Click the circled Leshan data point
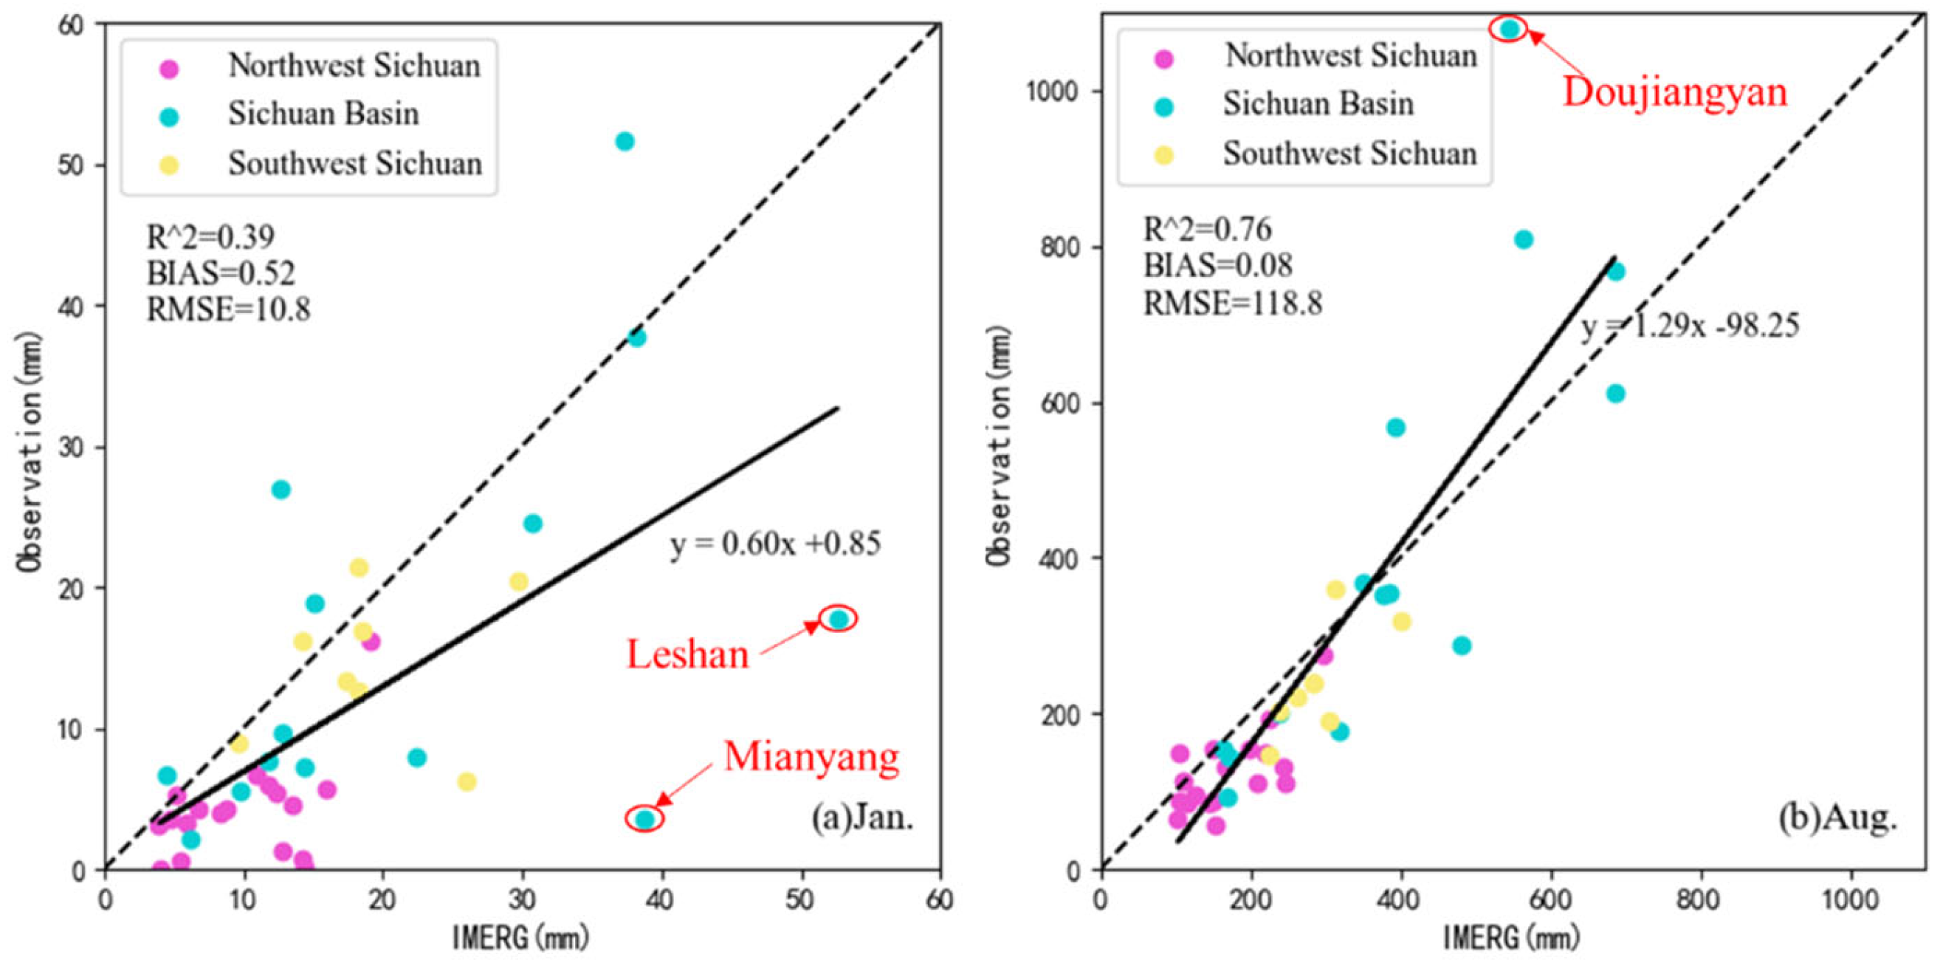point(837,619)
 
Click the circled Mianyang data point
point(644,818)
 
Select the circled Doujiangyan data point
point(1509,29)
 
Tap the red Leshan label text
point(687,654)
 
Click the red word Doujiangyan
point(1674,92)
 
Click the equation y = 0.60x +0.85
point(775,544)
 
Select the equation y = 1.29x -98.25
point(1689,326)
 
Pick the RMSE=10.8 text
point(228,309)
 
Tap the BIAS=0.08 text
point(1218,265)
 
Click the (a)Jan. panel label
point(861,817)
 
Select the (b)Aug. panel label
point(1837,817)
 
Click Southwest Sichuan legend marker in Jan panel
point(171,165)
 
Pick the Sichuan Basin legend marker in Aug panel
point(1164,107)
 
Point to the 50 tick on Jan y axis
point(72,165)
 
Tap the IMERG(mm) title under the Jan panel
point(520,938)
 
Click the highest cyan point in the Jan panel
point(625,141)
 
